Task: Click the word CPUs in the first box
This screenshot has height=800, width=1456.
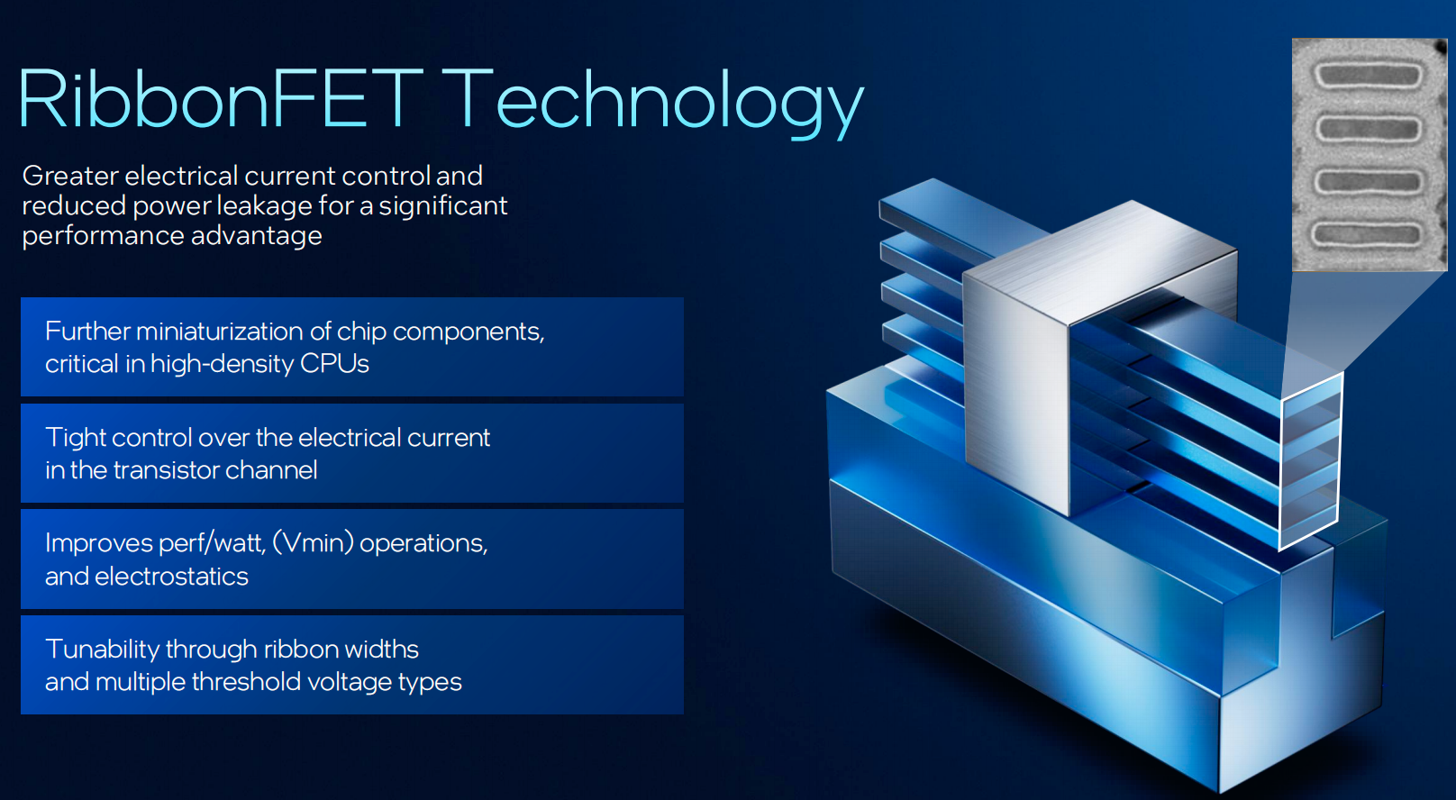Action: coord(334,364)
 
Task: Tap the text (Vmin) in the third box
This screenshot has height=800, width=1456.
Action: coord(313,543)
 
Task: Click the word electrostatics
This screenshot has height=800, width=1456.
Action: coord(171,577)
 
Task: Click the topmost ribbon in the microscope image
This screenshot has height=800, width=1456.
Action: coord(1369,76)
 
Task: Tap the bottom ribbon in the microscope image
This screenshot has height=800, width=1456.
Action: coord(1367,234)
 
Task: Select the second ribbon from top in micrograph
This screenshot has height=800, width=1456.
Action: coord(1369,129)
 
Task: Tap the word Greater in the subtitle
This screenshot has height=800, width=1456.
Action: coord(70,176)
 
